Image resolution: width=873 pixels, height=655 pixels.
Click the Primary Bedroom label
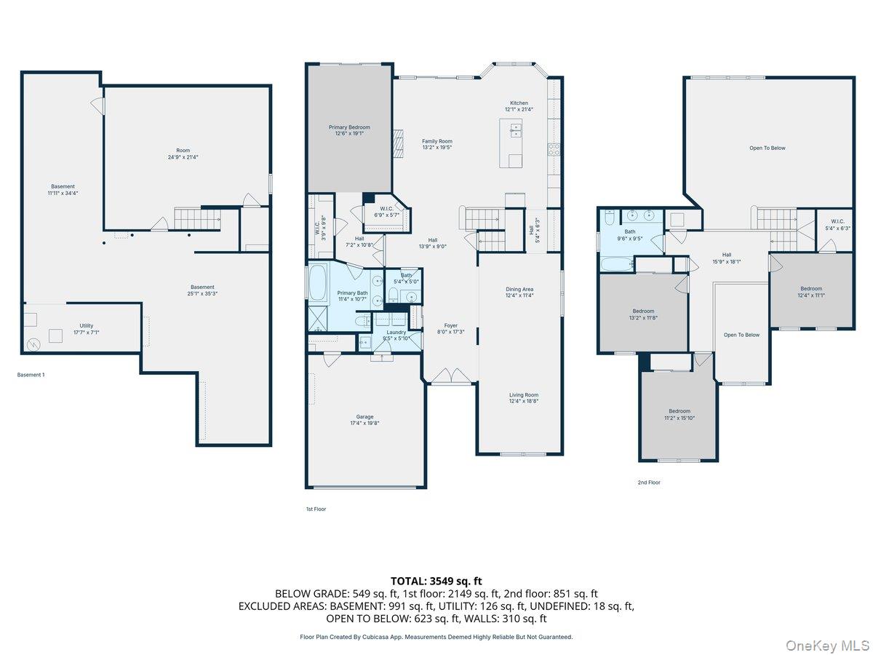point(348,130)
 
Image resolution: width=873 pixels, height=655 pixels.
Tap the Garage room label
point(364,420)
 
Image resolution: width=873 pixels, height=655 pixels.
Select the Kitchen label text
point(519,106)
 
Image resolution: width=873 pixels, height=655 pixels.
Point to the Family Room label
point(437,144)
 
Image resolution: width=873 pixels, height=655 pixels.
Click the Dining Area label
point(519,292)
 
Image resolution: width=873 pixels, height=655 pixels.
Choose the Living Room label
point(523,397)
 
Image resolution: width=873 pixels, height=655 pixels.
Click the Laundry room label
point(396,335)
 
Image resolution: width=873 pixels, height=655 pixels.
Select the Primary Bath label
point(352,295)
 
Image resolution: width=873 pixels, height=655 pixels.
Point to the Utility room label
point(87,329)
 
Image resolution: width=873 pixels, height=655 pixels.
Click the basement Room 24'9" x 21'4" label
point(183,154)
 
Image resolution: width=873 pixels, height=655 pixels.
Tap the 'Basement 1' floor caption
point(31,375)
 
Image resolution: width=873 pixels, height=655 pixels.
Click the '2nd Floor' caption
point(649,482)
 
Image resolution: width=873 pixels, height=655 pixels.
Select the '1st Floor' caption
point(316,509)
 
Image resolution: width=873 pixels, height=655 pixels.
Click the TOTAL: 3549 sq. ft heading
point(436,581)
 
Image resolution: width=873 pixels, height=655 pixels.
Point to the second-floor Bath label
point(629,235)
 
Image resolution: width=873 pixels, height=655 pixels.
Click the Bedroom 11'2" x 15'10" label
point(679,414)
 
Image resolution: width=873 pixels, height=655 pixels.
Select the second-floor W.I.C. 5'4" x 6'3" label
point(834,225)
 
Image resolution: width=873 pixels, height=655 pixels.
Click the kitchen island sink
point(517,130)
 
